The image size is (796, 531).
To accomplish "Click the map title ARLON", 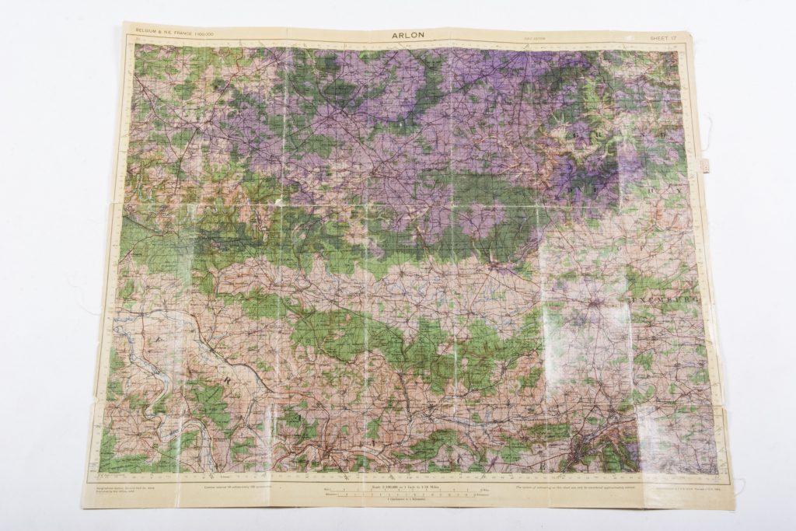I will (x=409, y=35).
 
